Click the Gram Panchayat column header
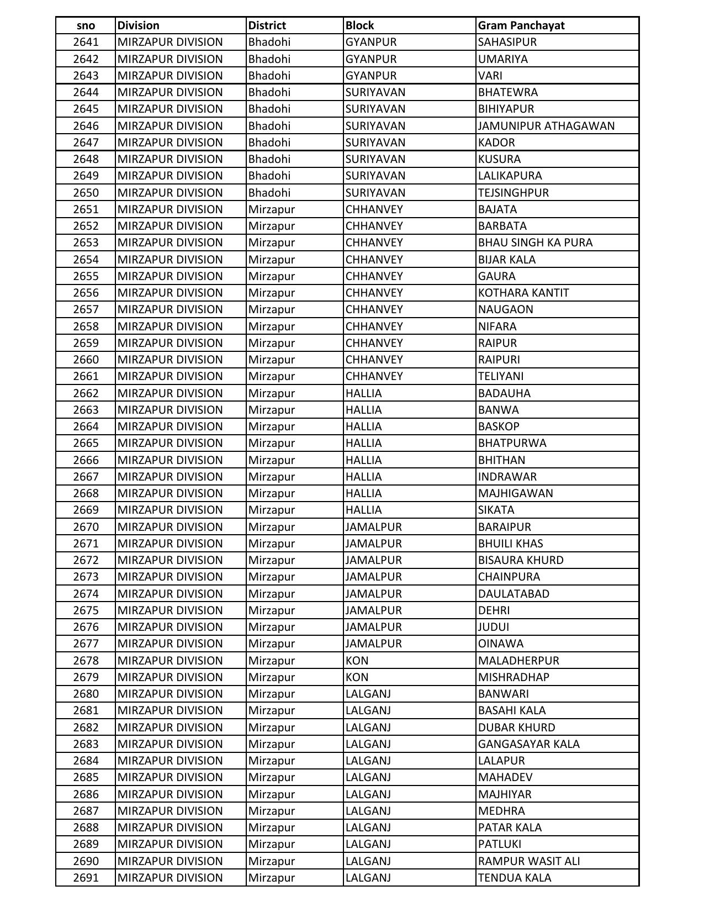521,25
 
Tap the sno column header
86,25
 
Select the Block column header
359,25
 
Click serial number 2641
86,42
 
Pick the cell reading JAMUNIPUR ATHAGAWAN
546,126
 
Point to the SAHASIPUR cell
507,42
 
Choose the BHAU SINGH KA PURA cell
535,243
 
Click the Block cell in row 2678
357,661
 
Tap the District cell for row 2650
269,193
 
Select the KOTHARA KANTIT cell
523,293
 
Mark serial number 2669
86,510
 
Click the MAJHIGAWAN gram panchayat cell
515,493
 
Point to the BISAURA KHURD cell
521,560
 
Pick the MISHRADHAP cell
514,677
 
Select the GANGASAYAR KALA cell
528,744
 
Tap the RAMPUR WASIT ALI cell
528,861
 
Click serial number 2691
86,878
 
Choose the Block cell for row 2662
363,393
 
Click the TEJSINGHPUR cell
513,193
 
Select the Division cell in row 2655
170,276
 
